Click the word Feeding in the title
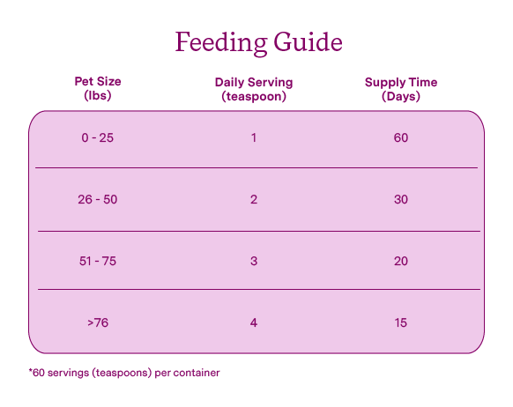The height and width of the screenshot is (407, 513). click(x=221, y=43)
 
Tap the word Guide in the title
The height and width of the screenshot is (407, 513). click(x=308, y=41)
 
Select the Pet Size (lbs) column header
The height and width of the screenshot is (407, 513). click(x=98, y=88)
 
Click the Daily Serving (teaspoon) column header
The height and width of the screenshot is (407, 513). click(x=254, y=89)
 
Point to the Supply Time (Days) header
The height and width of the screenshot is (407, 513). click(x=401, y=89)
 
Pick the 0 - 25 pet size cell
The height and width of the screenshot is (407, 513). click(x=98, y=137)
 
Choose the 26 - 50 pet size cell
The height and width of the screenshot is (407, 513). click(x=98, y=199)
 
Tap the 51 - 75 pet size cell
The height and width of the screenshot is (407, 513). click(x=98, y=261)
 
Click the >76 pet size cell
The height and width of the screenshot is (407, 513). click(x=98, y=322)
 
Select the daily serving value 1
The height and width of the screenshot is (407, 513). click(x=254, y=137)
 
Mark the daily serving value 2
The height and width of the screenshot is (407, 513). click(x=254, y=199)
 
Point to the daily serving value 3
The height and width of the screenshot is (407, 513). click(x=254, y=261)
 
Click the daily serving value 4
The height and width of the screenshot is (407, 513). click(x=254, y=322)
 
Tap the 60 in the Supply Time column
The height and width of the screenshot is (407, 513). click(x=401, y=137)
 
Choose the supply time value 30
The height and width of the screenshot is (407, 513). click(x=401, y=199)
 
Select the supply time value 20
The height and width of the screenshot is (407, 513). click(x=401, y=261)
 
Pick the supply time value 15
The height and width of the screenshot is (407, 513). click(x=401, y=322)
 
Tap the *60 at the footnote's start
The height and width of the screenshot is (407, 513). click(x=36, y=373)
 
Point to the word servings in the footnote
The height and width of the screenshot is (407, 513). click(x=68, y=374)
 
